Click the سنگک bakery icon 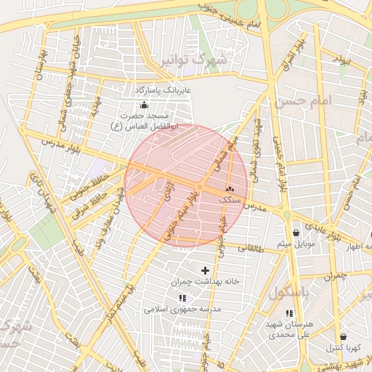click(230, 187)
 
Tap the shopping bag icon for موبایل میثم click(295, 232)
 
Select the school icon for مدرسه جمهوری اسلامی click(182, 298)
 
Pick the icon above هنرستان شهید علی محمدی click(289, 314)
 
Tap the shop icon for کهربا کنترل click(342, 337)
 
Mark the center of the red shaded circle click(186, 186)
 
